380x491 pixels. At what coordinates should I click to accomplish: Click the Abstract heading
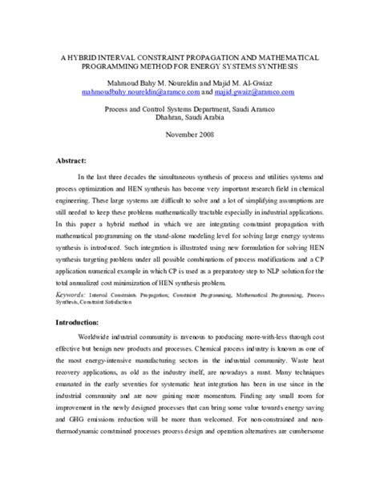[73, 158]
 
